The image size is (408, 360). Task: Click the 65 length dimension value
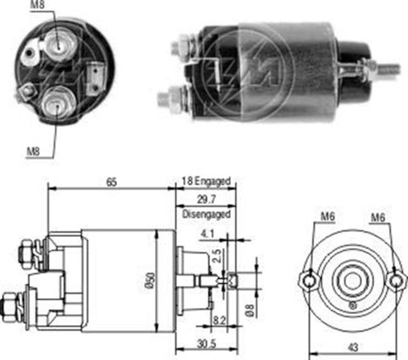pos(111,182)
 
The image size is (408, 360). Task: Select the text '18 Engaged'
pos(205,182)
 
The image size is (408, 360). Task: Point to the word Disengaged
pos(206,215)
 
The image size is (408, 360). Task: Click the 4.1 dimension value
pos(207,233)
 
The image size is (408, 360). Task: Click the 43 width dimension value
pos(353,347)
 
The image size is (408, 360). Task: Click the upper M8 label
pos(38,7)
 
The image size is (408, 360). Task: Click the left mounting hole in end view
pos(309,280)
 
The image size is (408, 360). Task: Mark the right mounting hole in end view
pos(397,280)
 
